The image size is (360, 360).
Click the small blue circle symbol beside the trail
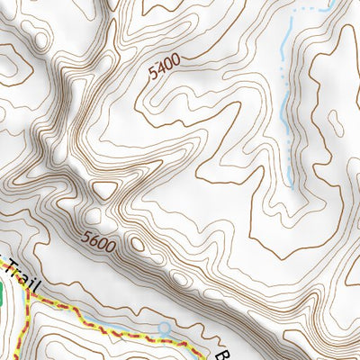(164, 328)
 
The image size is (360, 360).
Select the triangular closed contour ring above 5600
(105, 190)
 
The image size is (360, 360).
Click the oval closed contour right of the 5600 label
(137, 244)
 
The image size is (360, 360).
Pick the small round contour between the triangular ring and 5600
(94, 216)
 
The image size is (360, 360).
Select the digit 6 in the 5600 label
(94, 239)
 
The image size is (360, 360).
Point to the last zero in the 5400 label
(176, 60)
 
